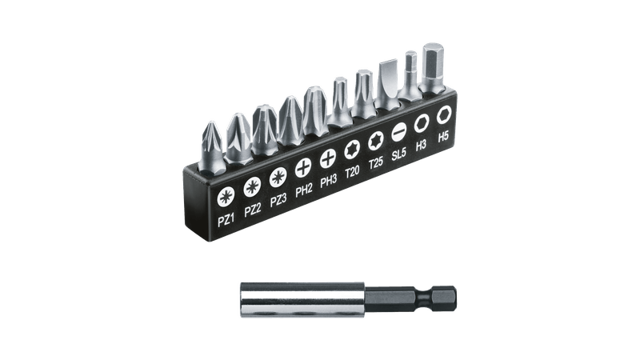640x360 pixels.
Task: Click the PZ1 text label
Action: coord(226,221)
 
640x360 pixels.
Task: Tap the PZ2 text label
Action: coord(253,210)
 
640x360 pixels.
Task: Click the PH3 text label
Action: coord(329,181)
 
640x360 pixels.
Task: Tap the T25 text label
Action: coord(376,162)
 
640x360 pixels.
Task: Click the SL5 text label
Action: coord(398,154)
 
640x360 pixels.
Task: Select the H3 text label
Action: coord(422,145)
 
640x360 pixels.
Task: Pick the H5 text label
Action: coord(443,136)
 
